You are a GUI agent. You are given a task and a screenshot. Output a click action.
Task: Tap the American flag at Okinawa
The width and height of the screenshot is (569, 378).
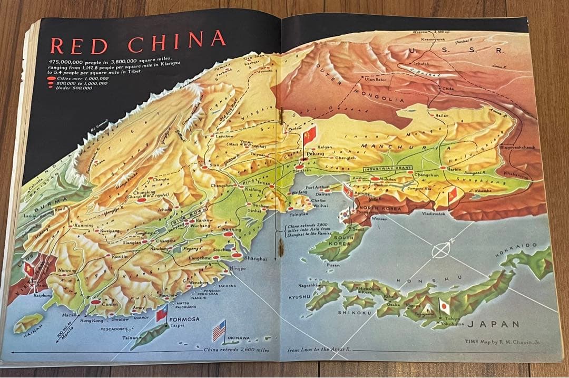coord(219,331)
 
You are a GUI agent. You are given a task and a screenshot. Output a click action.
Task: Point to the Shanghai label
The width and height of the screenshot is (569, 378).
coord(256,259)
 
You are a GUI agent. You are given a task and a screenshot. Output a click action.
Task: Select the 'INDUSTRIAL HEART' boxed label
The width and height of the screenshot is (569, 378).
coord(388,168)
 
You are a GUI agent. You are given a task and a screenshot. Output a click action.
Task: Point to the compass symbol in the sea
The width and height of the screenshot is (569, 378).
coord(440,249)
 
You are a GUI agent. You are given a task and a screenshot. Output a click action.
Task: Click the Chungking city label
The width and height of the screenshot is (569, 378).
coord(143,192)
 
